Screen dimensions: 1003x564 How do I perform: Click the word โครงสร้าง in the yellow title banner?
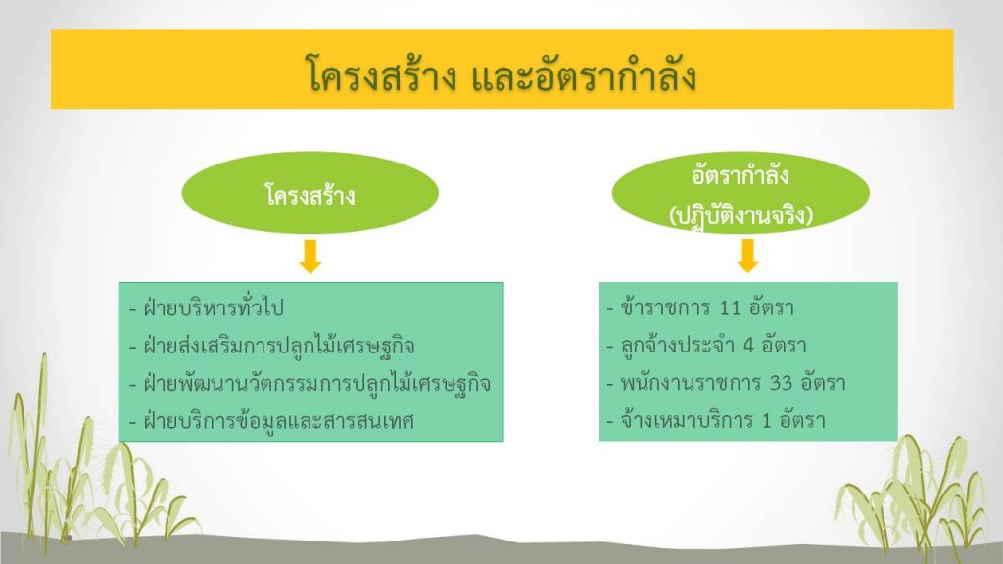382,74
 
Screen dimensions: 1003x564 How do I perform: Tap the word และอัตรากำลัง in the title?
584,74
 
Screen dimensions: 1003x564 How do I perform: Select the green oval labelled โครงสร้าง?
310,193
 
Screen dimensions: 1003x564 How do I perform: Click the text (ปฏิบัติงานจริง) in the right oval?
740,215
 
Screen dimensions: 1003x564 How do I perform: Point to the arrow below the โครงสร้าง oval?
310,257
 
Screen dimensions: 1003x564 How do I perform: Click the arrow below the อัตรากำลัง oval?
747,256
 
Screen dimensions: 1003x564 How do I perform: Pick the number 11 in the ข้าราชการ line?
730,308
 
